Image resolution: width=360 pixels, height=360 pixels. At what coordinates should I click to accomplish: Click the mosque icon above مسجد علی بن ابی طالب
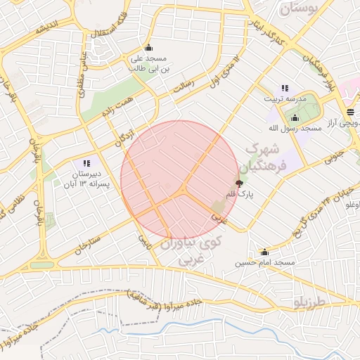click(148, 48)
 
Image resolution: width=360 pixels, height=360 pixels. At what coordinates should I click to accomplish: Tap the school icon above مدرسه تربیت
click(285, 88)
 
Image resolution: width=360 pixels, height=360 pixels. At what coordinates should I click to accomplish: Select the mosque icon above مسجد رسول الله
click(295, 118)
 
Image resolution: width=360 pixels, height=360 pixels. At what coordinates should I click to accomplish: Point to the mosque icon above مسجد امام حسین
click(264, 252)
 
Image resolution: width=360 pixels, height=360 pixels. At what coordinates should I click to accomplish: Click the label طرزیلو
click(309, 301)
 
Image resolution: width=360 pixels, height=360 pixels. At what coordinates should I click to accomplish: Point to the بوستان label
click(299, 8)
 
